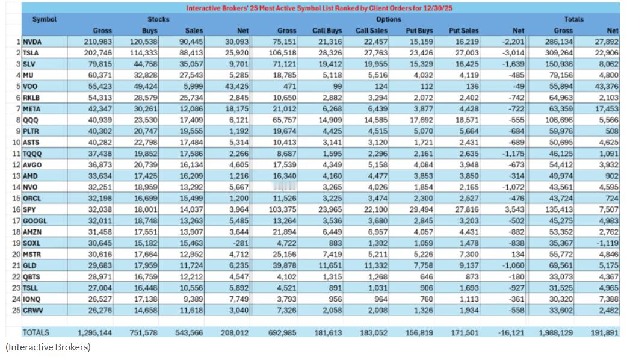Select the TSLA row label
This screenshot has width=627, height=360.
(32, 53)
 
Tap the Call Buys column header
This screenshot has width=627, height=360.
(327, 31)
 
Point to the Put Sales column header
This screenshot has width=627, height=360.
(464, 31)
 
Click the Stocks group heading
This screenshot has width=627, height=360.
(159, 19)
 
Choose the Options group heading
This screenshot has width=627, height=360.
(388, 19)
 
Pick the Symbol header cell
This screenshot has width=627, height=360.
(45, 19)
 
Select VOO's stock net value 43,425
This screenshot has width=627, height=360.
(236, 86)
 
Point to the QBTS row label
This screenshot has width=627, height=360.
(33, 276)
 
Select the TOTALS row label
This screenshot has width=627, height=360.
(36, 332)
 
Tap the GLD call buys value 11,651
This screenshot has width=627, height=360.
(329, 265)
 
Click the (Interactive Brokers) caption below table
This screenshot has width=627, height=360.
(48, 347)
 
